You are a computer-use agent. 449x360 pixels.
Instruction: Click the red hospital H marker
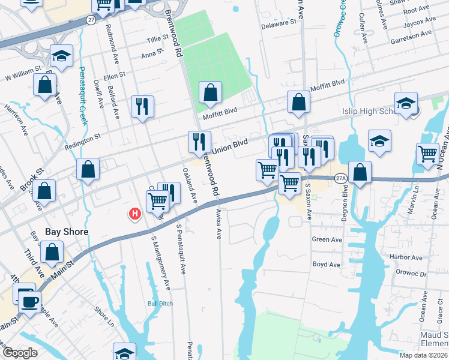pos(135,213)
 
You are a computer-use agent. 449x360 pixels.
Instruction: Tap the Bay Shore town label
pos(67,232)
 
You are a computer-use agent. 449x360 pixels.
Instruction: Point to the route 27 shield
pos(91,20)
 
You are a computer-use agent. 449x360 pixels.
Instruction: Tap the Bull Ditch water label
pos(160,304)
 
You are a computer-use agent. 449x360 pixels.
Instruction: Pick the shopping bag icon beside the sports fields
pos(210,92)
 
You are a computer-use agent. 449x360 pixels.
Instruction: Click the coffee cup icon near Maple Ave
pos(29,302)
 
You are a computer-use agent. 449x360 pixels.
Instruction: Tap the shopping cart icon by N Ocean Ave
pos(427,154)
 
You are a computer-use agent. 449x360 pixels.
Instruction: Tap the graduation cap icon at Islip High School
pos(406,102)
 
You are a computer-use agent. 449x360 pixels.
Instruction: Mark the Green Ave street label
pos(327,239)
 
